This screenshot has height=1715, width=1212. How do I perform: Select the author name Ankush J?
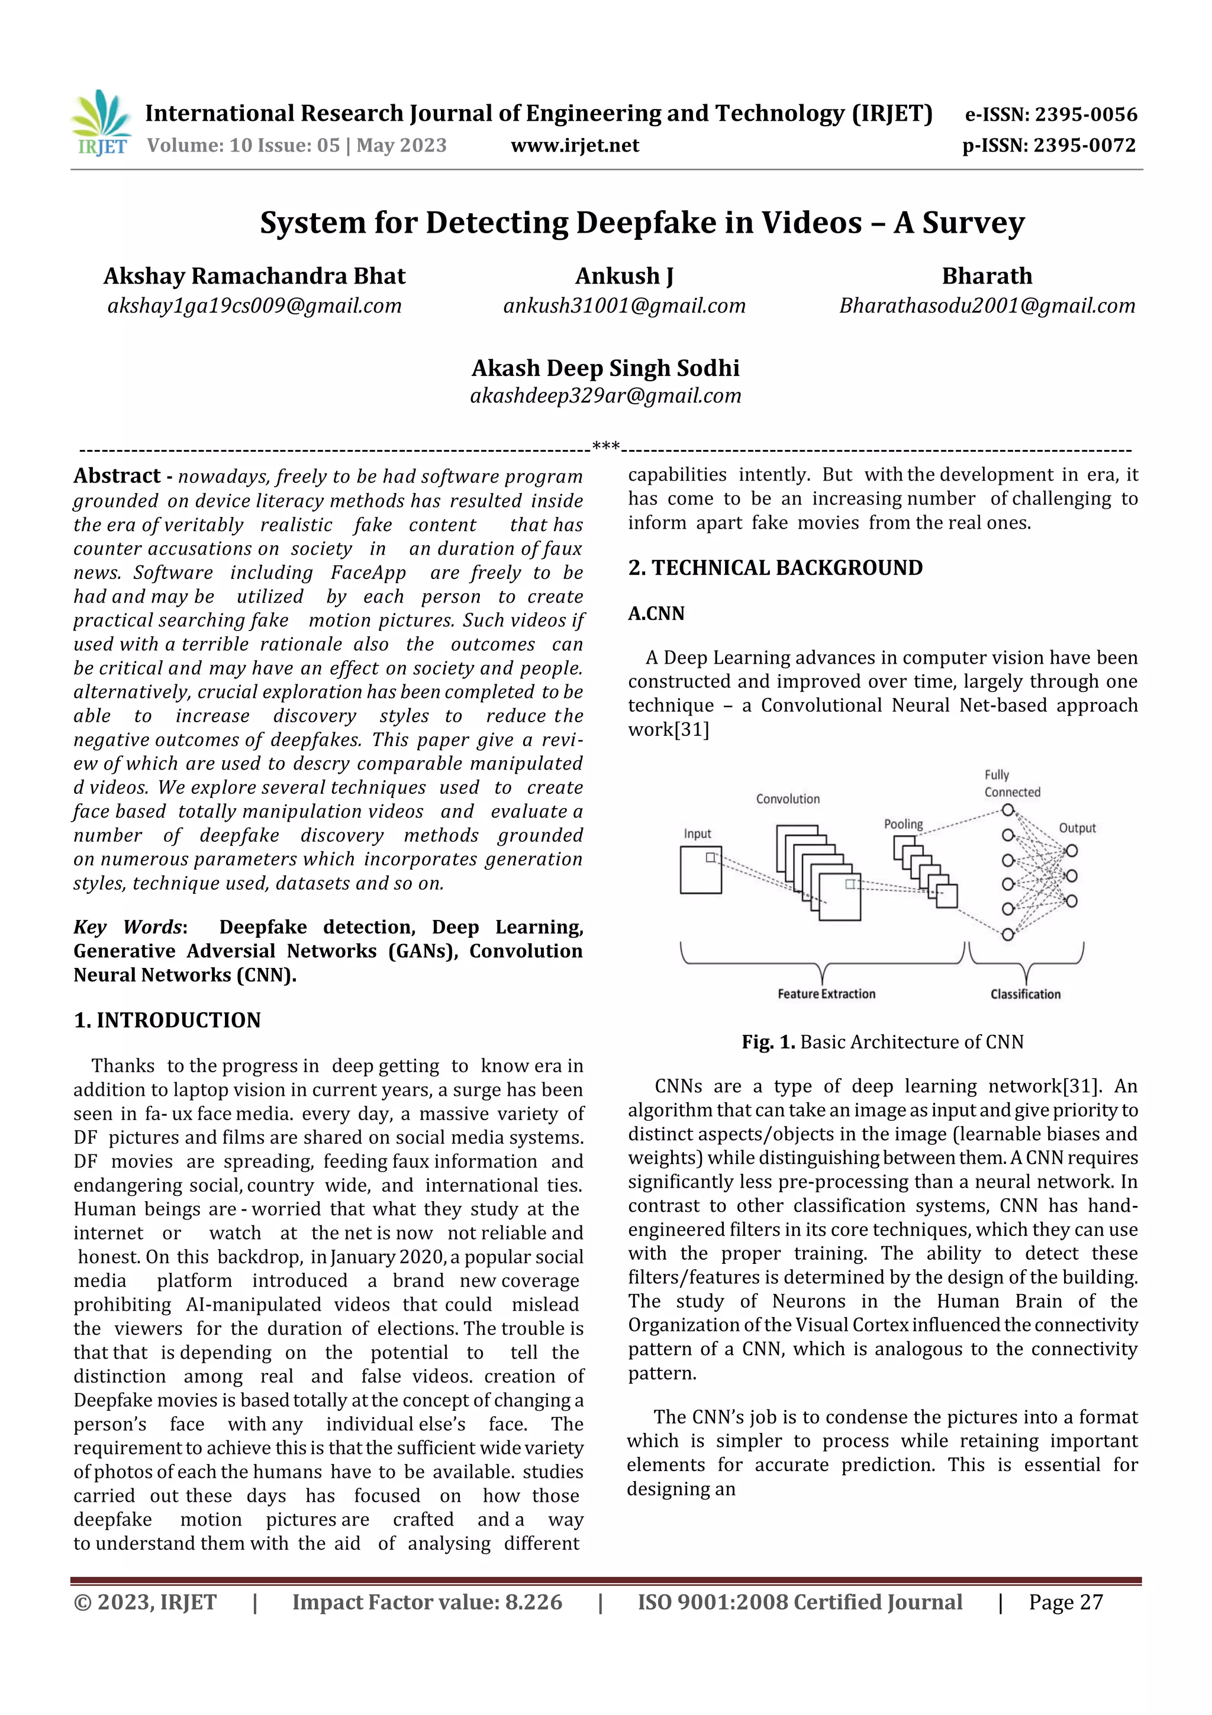(624, 276)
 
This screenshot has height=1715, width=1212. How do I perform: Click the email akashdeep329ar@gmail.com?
(605, 396)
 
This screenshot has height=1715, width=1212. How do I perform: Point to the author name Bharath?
(987, 276)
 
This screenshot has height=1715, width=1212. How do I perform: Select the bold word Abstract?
(117, 476)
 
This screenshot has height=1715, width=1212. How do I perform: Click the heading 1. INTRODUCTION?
(167, 1021)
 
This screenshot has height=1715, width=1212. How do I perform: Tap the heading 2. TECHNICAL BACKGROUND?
(775, 568)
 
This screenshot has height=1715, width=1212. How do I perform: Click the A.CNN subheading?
(656, 613)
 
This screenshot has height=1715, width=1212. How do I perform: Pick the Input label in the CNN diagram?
(698, 834)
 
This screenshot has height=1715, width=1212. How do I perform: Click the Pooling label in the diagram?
(903, 824)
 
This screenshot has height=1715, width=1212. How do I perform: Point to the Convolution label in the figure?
(787, 799)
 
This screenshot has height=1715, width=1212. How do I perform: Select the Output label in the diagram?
(1077, 828)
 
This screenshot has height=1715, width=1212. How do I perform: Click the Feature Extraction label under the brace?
(826, 994)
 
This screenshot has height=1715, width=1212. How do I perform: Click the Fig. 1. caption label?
(768, 1042)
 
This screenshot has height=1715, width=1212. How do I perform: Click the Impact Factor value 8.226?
(533, 1602)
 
